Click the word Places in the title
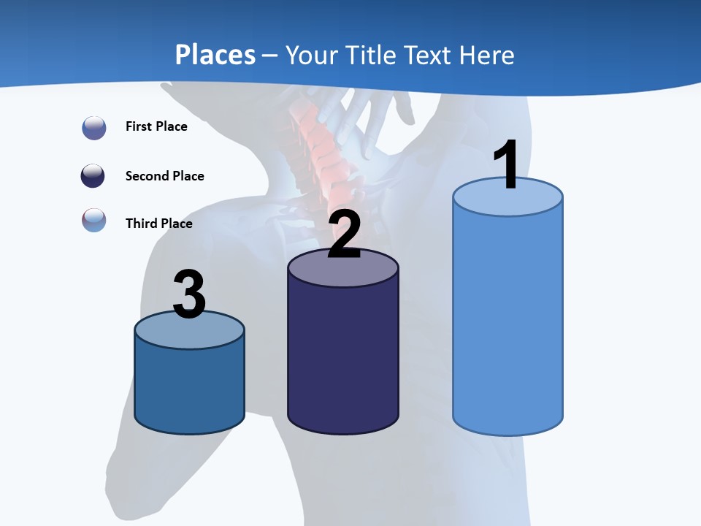point(215,55)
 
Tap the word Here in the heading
point(486,55)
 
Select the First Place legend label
point(156,126)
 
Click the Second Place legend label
point(164,176)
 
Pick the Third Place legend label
point(158,224)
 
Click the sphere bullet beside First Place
point(94,128)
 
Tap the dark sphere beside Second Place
point(94,176)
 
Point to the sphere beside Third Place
point(94,220)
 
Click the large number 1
point(506,165)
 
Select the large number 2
point(344,235)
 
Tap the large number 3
point(189,295)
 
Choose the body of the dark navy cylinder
point(343,358)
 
